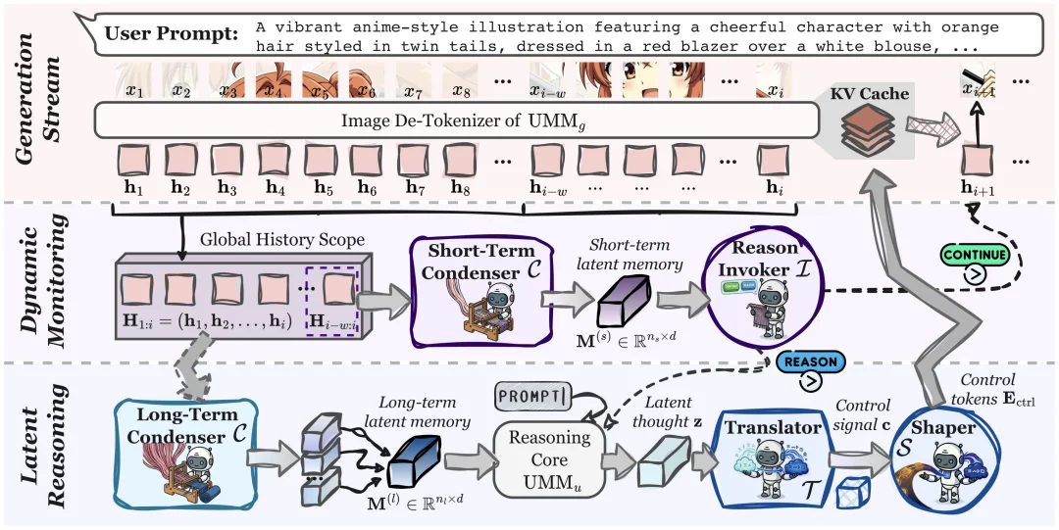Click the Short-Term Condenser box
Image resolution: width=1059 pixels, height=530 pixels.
[x=472, y=279]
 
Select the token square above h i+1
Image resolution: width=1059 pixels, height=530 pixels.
[x=978, y=158]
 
